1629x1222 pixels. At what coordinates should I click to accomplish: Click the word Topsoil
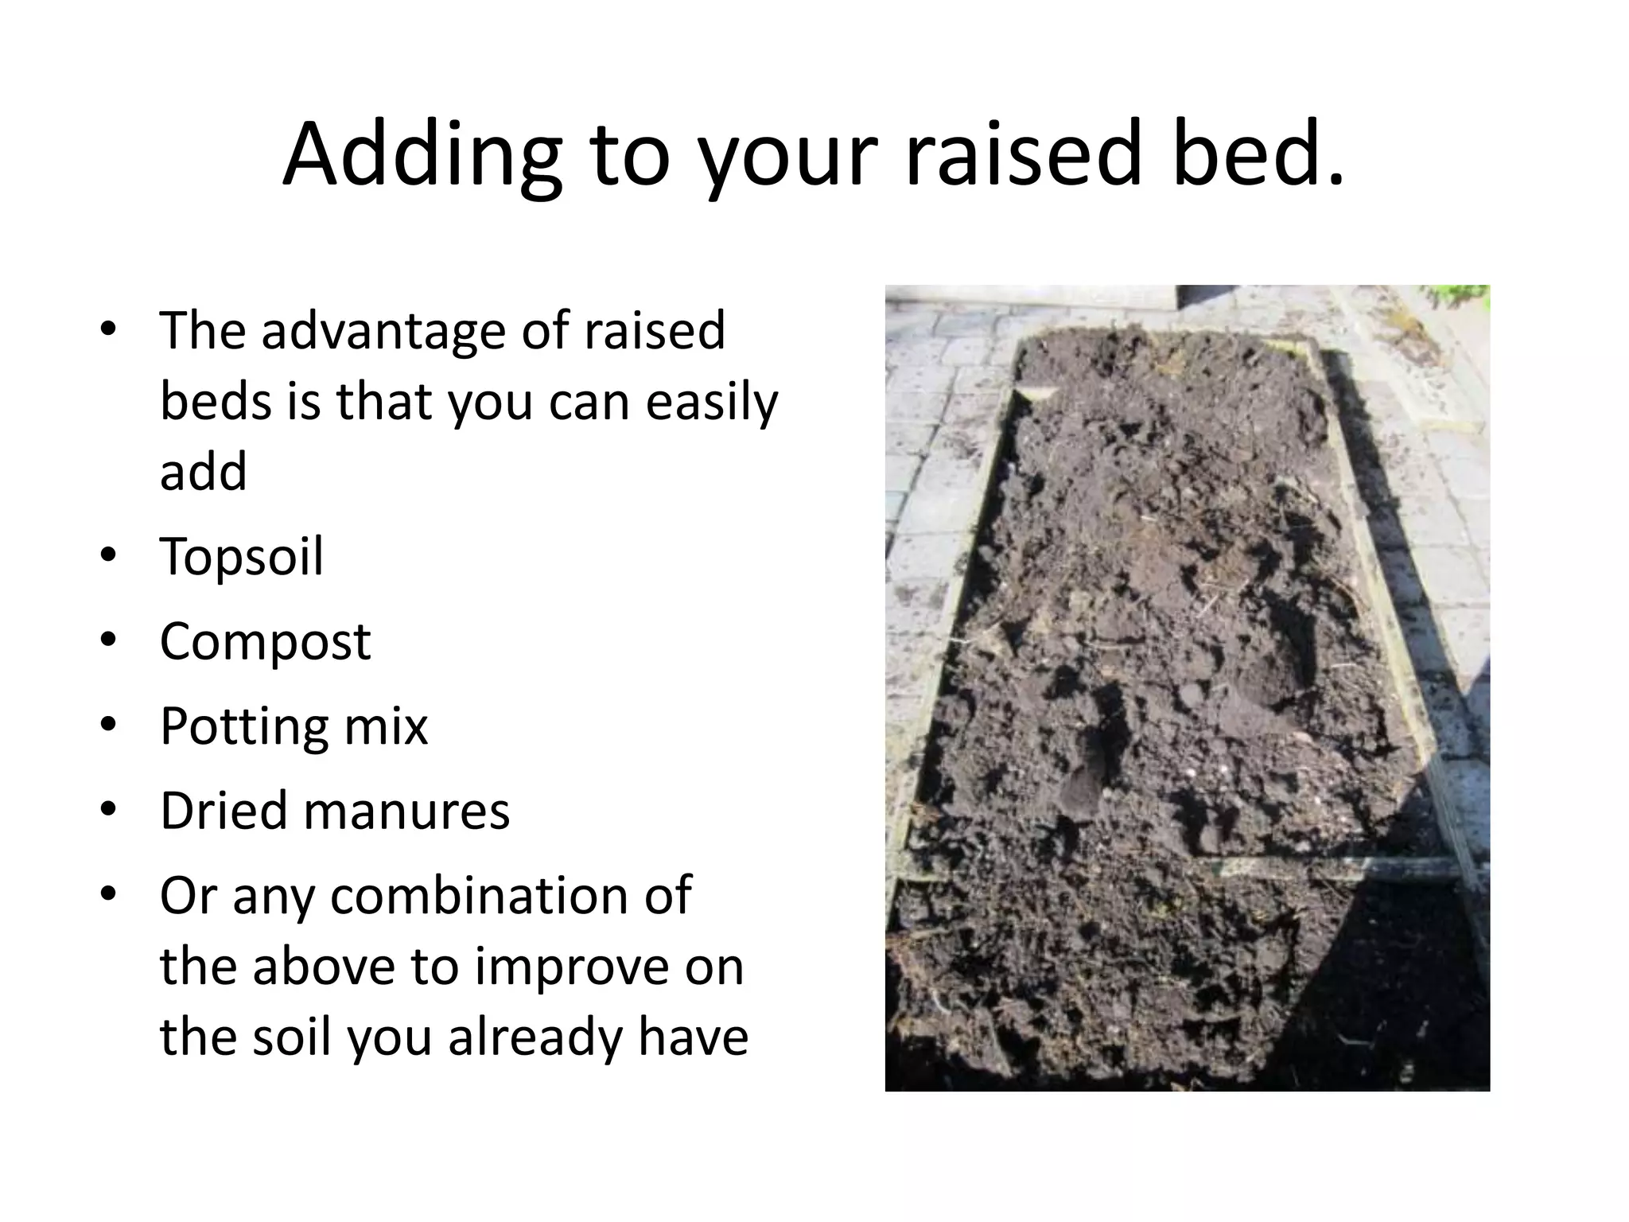pos(242,556)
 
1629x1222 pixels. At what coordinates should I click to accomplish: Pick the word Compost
pos(265,642)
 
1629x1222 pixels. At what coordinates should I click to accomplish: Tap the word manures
pos(406,812)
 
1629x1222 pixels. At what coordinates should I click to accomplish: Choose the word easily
pos(711,403)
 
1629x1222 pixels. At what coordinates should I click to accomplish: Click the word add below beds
pos(204,472)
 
